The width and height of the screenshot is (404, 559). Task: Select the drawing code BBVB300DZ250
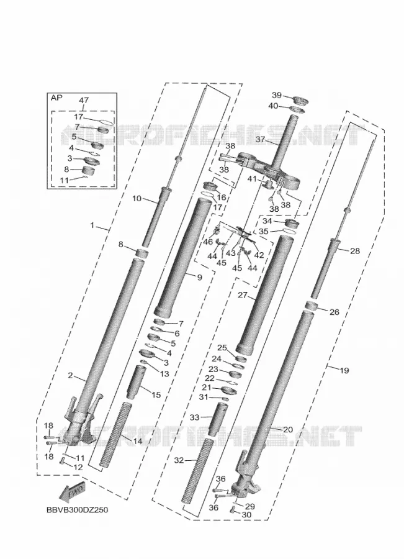tap(77, 510)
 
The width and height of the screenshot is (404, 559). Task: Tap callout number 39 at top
tap(277, 96)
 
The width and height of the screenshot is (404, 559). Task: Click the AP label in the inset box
tap(56, 98)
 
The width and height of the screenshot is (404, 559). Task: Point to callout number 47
tap(84, 100)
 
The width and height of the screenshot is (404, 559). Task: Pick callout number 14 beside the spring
tap(138, 442)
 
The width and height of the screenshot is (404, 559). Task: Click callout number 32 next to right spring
tap(179, 460)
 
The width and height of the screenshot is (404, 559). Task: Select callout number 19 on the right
tap(344, 370)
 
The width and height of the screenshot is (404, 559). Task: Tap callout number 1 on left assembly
tap(92, 225)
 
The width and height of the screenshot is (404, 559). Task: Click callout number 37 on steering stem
tap(261, 139)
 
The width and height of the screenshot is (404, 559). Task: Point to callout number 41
tap(252, 179)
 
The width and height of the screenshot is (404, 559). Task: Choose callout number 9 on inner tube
tap(199, 277)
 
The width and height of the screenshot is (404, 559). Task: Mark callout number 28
tap(355, 251)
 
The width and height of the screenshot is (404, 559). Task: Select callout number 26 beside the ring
tap(334, 312)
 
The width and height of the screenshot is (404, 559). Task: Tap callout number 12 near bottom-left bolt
tap(78, 467)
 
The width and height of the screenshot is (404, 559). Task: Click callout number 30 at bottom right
tap(246, 515)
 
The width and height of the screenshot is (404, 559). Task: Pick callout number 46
tap(208, 242)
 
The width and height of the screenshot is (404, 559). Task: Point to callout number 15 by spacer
tap(156, 395)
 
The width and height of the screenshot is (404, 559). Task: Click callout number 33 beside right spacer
tap(195, 417)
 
